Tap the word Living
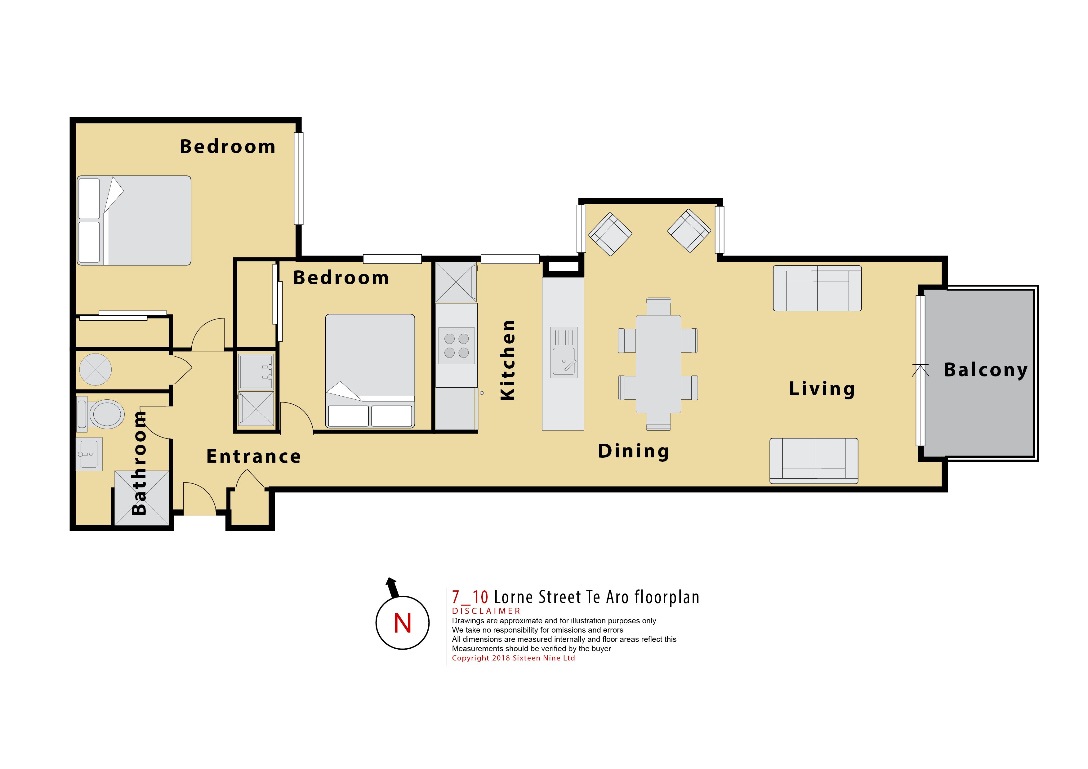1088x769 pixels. pos(822,389)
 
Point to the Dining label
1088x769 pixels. pos(634,451)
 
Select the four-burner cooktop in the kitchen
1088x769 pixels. pos(456,345)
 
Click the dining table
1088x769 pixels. pos(658,364)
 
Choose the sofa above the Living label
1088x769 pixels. pos(817,288)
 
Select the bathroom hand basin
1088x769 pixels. pos(89,454)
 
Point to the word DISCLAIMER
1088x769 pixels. pos(486,611)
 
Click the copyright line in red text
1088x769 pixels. pos(513,658)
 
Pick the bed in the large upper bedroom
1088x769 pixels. pos(134,220)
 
